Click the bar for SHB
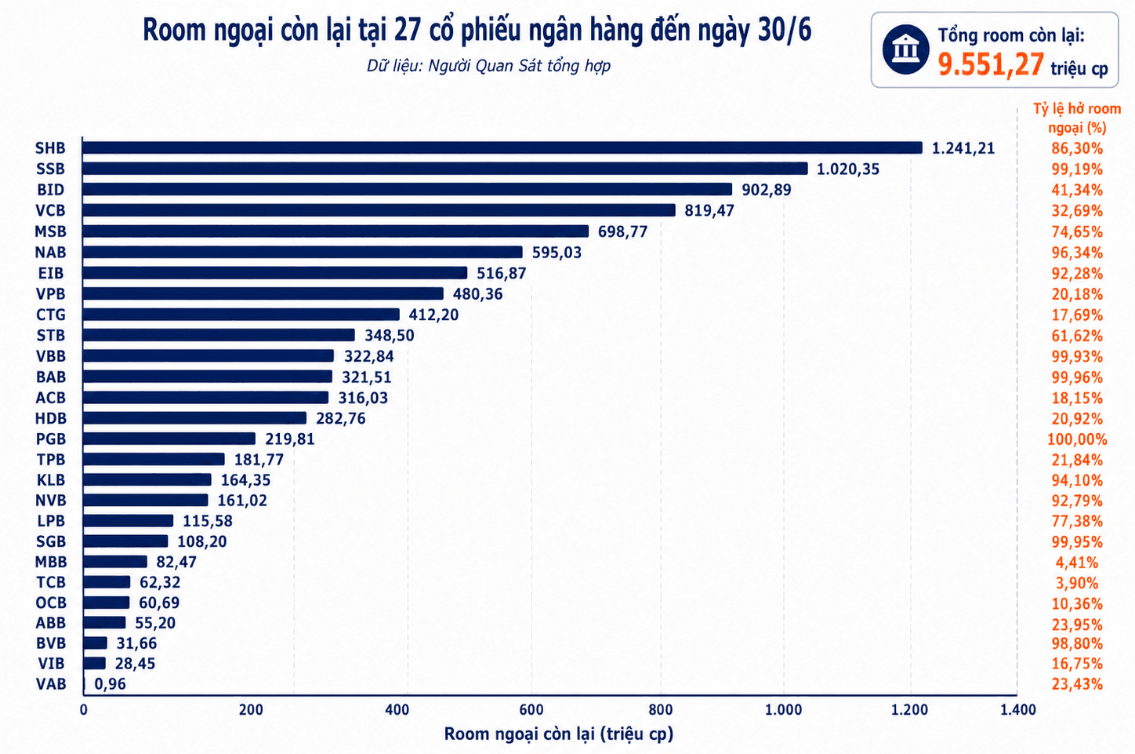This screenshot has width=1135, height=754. click(x=502, y=148)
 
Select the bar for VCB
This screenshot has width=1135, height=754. click(x=379, y=210)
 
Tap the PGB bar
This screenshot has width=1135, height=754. click(x=169, y=439)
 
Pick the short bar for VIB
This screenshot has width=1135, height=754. click(x=94, y=663)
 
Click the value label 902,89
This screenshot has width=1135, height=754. click(x=766, y=190)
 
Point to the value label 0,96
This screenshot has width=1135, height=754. click(x=110, y=684)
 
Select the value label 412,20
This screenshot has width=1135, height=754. click(x=433, y=315)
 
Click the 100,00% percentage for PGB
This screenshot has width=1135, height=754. click(x=1077, y=439)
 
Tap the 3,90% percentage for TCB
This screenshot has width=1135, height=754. click(x=1077, y=583)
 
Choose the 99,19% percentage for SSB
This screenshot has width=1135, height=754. click(x=1077, y=169)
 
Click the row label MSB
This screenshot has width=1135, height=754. click(x=51, y=231)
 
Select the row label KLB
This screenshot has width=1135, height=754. click(x=51, y=479)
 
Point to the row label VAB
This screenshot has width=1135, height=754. click(x=51, y=684)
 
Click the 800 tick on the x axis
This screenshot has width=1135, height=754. click(x=661, y=709)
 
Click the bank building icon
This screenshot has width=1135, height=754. click(x=905, y=49)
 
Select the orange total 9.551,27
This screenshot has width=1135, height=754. click(x=991, y=65)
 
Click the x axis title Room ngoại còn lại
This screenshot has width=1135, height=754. click(x=559, y=734)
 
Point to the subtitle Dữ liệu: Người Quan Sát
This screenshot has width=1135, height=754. click(x=488, y=66)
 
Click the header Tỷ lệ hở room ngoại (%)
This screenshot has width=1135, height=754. click(x=1077, y=118)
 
